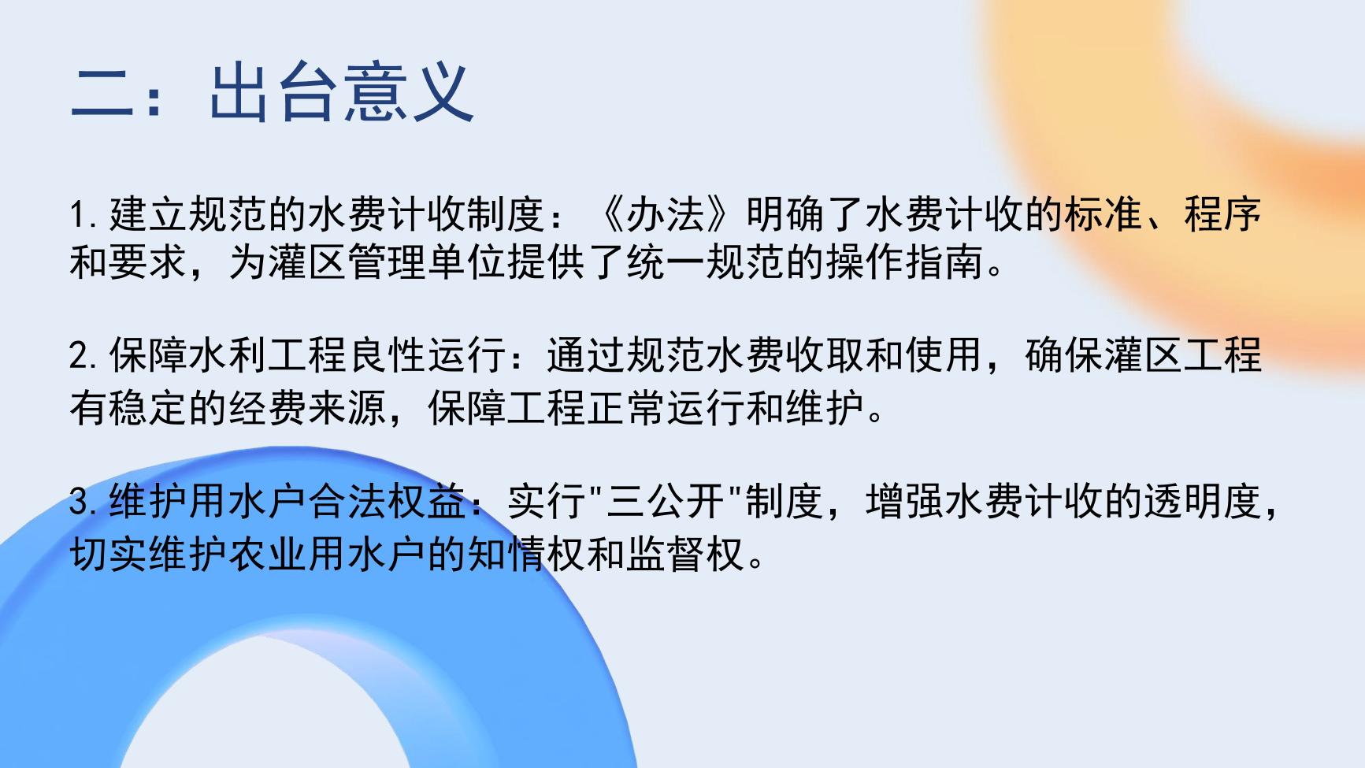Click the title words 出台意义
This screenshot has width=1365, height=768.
point(341,93)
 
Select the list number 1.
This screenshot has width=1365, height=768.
point(79,215)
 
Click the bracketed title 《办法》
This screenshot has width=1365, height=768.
point(666,214)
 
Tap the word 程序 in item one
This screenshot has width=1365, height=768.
point(1222,214)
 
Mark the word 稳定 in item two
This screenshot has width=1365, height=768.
point(149,408)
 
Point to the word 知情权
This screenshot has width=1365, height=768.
point(526,555)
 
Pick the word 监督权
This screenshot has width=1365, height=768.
point(685,555)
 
